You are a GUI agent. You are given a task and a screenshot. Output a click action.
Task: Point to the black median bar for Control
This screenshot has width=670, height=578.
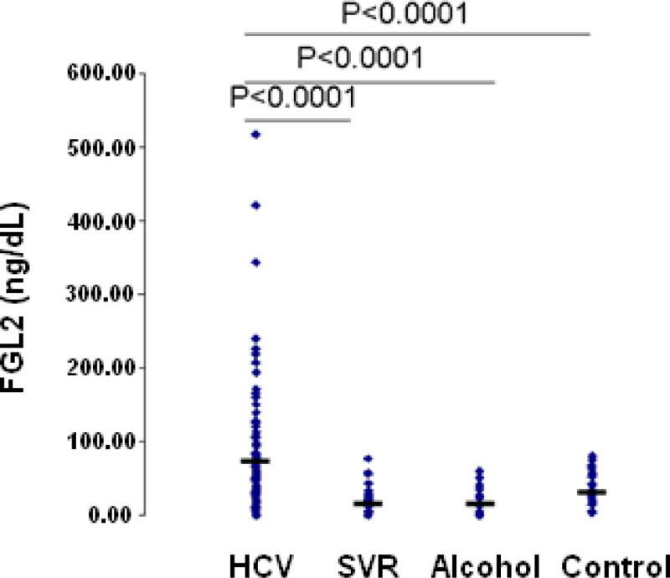(x=591, y=492)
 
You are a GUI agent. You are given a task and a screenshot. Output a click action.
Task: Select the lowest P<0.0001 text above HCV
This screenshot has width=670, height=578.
(x=293, y=98)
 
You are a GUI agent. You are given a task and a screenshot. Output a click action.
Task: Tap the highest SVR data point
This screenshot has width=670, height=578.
(x=367, y=459)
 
